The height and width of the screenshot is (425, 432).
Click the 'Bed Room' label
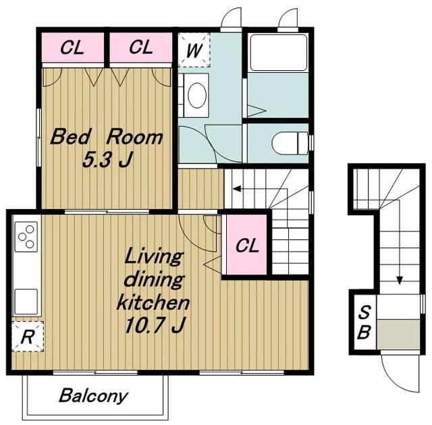(107, 137)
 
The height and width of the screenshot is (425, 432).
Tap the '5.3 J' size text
(107, 160)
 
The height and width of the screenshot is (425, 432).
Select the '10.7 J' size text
(155, 325)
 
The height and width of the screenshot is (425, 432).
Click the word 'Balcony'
(94, 396)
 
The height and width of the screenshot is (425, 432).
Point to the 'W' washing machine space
(194, 50)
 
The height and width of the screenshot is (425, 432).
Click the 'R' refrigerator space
(28, 337)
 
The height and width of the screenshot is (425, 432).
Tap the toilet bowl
(290, 143)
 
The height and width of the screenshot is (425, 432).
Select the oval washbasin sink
(197, 95)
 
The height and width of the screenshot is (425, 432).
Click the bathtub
(278, 53)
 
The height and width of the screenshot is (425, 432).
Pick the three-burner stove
(26, 237)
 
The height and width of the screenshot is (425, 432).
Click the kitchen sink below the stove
(26, 302)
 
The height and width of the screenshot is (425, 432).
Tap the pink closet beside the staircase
(246, 245)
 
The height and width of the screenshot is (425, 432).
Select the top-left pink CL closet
(73, 47)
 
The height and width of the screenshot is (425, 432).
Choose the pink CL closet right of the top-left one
(141, 47)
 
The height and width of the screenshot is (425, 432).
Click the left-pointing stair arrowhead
(237, 189)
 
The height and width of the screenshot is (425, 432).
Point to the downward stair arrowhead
(399, 281)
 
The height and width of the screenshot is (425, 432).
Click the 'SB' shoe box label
(364, 322)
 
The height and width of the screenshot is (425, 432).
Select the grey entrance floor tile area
(398, 335)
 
